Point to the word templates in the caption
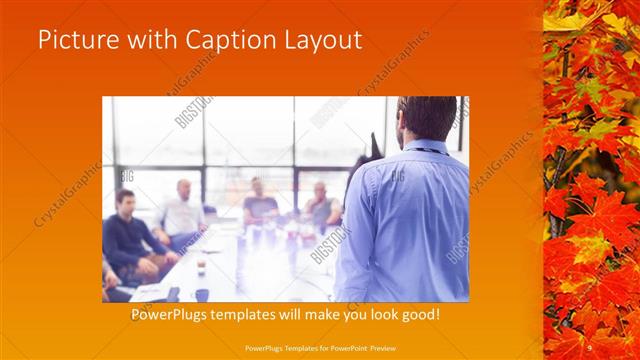(267, 315)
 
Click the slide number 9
(590, 346)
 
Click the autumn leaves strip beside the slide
(591, 180)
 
